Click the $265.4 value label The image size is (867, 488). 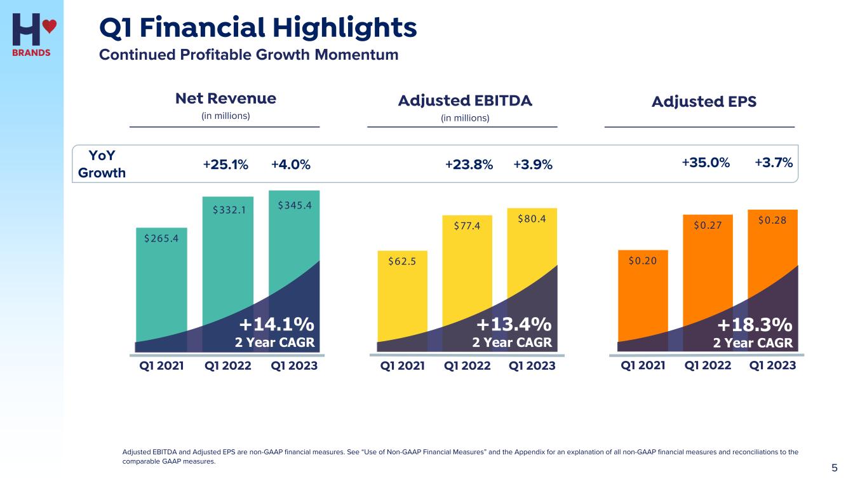click(x=161, y=238)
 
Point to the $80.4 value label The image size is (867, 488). click(x=532, y=219)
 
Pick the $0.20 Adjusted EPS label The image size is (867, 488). click(x=643, y=260)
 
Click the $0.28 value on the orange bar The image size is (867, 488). click(x=772, y=220)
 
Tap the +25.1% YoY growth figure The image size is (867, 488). click(x=225, y=165)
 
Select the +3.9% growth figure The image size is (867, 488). click(x=533, y=165)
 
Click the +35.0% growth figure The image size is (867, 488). click(x=706, y=163)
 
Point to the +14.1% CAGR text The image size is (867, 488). click(x=276, y=325)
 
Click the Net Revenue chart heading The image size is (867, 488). click(x=225, y=98)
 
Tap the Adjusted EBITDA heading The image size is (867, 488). click(x=465, y=101)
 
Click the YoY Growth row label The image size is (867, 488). click(x=102, y=165)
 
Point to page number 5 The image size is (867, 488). click(x=835, y=468)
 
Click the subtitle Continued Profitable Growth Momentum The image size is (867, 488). click(x=248, y=55)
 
